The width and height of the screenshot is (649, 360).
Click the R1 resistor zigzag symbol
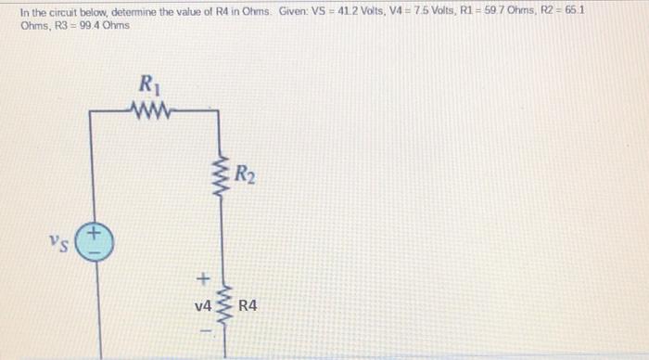pos(147,110)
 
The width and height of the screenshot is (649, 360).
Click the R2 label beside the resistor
pos(245,174)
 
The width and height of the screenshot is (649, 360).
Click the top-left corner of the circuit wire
pos(90,111)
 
